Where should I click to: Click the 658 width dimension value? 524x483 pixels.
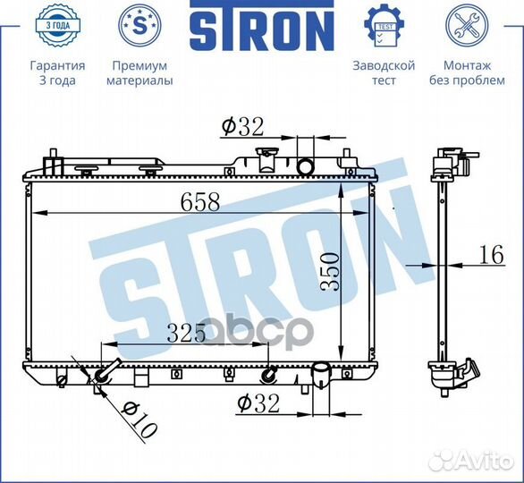pos(200,202)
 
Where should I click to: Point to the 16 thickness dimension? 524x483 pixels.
pos(490,255)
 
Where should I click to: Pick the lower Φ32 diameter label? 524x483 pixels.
pos(259,403)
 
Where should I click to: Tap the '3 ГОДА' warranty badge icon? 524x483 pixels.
pos(57,26)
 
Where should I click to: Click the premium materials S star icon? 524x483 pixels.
pos(139,26)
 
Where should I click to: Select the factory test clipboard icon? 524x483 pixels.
pos(384,26)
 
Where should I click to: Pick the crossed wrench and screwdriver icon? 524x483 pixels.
pos(467,26)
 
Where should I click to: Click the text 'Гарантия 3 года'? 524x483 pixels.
pos(57,73)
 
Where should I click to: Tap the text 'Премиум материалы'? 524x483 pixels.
pos(139,73)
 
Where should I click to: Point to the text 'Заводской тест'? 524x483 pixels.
pos(384,73)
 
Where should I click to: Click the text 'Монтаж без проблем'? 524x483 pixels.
pos(467,73)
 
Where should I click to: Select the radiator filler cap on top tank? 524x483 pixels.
pos(265,159)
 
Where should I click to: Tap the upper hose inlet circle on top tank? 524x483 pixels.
pos(306,166)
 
